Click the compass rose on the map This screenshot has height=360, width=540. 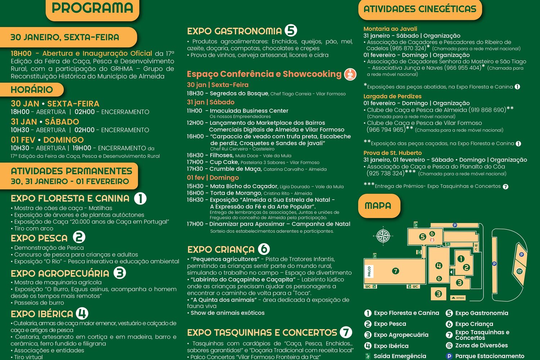(383, 236)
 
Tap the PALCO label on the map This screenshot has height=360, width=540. (369, 271)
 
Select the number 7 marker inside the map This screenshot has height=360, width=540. (396, 271)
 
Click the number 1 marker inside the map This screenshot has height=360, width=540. (461, 258)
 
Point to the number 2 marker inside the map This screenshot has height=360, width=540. (466, 267)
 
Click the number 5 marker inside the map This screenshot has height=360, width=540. (423, 237)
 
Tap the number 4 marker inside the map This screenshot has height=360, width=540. (438, 266)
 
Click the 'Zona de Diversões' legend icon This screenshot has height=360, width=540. (449, 346)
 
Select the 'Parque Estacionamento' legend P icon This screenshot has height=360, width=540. (449, 356)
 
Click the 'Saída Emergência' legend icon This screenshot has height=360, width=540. (368, 356)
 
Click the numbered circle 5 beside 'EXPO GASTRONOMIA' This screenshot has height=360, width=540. (291, 31)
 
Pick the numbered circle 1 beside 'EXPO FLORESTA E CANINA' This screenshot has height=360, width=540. (140, 198)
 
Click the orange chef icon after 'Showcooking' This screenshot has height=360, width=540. (350, 74)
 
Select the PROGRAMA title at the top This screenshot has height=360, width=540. (93, 8)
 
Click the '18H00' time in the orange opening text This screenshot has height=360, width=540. (21, 54)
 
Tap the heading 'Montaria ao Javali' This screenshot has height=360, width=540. (390, 29)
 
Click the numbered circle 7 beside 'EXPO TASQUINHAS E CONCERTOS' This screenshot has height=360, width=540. (346, 332)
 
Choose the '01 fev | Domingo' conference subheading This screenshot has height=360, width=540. (213, 177)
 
